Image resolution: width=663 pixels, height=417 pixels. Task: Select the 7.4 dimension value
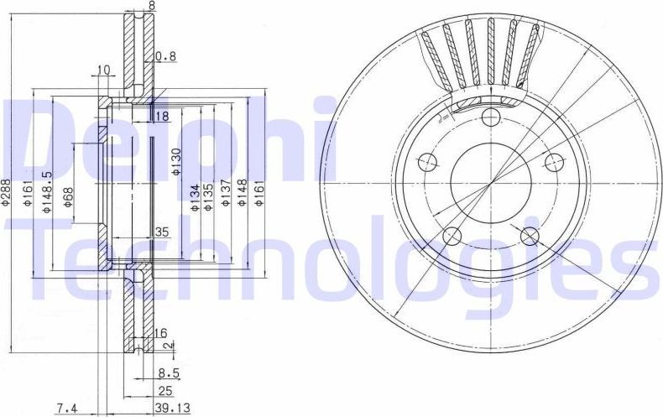coord(67,408)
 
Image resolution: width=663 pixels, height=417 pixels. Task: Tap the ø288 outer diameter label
coord(7,194)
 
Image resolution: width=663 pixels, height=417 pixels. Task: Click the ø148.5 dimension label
coord(49,194)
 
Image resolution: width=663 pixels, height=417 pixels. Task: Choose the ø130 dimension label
coord(175,161)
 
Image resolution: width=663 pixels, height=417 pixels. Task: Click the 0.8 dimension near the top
coord(165,58)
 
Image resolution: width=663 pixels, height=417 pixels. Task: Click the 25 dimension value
coord(164,390)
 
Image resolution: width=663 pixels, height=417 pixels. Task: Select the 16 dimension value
coord(161,334)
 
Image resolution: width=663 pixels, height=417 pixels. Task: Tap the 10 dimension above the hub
coord(104,70)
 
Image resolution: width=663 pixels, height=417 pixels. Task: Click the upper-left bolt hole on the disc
coord(427,161)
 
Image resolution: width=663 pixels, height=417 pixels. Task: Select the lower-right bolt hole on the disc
coord(530,236)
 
